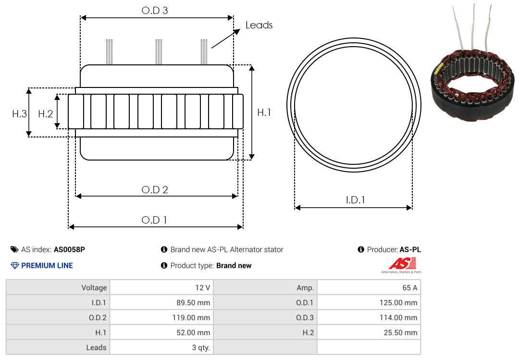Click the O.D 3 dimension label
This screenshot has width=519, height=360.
[155, 11]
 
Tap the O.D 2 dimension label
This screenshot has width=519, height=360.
[155, 190]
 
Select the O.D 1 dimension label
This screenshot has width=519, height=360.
[154, 220]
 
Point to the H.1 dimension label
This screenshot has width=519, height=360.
[264, 112]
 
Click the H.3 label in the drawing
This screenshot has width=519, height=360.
[19, 114]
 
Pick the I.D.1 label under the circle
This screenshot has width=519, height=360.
[355, 199]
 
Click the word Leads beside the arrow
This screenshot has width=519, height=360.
[259, 25]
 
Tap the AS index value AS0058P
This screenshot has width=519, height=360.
[69, 249]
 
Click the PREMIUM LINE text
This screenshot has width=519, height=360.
[47, 265]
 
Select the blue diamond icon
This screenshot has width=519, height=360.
[15, 265]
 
